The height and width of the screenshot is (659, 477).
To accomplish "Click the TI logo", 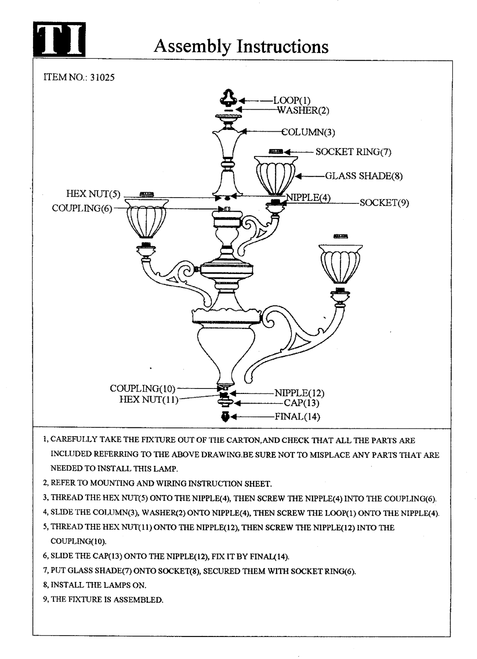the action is (x=59, y=39).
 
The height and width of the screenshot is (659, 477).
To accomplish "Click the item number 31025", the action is (x=102, y=77).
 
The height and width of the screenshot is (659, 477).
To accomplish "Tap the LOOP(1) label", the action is (x=291, y=101).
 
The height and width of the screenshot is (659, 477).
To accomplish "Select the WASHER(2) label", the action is (x=303, y=110).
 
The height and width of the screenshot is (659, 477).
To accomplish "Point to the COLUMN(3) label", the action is (x=308, y=133).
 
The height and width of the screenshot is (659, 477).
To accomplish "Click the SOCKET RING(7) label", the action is (x=353, y=152).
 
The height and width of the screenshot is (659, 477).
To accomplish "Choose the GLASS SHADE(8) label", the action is (x=363, y=176).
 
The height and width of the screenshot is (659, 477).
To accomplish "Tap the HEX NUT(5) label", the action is (x=93, y=194).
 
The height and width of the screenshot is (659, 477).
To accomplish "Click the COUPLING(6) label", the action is (x=82, y=208).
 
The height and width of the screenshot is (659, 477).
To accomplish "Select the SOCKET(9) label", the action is (x=384, y=203).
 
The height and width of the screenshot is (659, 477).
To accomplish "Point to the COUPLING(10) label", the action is (x=143, y=389).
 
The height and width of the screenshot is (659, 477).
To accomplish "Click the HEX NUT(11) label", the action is (x=149, y=400).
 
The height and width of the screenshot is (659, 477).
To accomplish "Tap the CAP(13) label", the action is (x=301, y=403).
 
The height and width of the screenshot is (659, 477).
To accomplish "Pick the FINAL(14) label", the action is (x=297, y=417).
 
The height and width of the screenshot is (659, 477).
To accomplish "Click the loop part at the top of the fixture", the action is (x=228, y=97).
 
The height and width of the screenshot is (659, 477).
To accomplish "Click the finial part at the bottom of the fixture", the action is (x=225, y=416).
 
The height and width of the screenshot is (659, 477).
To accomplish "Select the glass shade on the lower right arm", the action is (x=341, y=263).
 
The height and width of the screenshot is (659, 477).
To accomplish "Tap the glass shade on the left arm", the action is (x=146, y=219).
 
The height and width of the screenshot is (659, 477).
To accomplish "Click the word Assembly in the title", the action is (x=193, y=47).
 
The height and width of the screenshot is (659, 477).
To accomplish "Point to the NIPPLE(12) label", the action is (x=299, y=393).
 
